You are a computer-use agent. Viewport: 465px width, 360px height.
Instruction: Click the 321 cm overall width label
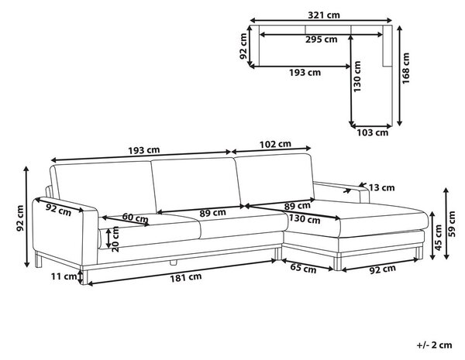click(x=324, y=15)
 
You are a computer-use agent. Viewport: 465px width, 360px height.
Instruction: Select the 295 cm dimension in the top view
click(x=322, y=39)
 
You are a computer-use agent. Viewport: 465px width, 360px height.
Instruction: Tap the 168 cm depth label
click(x=405, y=68)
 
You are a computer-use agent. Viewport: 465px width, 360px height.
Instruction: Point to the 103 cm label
click(x=373, y=132)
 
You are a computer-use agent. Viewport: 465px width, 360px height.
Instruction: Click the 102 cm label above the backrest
click(x=275, y=145)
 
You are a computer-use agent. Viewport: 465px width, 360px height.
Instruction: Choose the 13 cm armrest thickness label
click(x=381, y=187)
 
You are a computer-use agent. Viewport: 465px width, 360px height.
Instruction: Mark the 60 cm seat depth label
click(x=135, y=218)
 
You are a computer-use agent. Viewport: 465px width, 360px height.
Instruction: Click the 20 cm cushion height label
click(x=115, y=239)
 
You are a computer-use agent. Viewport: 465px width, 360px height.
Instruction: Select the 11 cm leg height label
click(x=64, y=276)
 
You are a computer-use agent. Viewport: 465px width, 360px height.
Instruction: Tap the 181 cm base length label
click(x=186, y=278)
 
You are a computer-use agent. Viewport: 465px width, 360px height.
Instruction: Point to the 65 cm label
click(x=303, y=268)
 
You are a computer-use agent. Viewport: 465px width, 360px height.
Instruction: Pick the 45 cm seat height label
click(x=439, y=238)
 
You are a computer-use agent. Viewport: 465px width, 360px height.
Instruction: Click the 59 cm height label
click(x=452, y=224)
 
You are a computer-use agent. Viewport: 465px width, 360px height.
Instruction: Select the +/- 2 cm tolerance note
click(x=435, y=345)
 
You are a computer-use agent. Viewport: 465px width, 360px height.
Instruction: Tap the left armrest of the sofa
click(x=65, y=231)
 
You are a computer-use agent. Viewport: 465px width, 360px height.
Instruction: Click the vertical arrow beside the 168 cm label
click(x=400, y=76)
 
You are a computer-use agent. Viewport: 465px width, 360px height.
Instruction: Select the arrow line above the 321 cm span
click(x=321, y=20)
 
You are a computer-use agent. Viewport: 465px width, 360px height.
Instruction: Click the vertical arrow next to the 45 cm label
click(x=432, y=235)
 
